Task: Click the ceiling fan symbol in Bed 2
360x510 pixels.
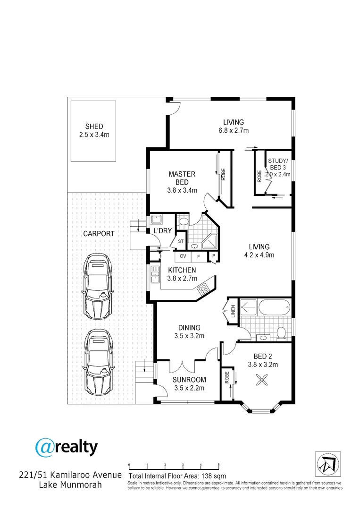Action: tap(262, 379)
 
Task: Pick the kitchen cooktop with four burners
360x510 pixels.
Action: tap(204, 287)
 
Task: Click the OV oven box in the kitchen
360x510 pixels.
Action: tap(183, 257)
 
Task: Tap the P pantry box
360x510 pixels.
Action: tap(214, 257)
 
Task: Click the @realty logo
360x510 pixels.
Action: tap(67, 447)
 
